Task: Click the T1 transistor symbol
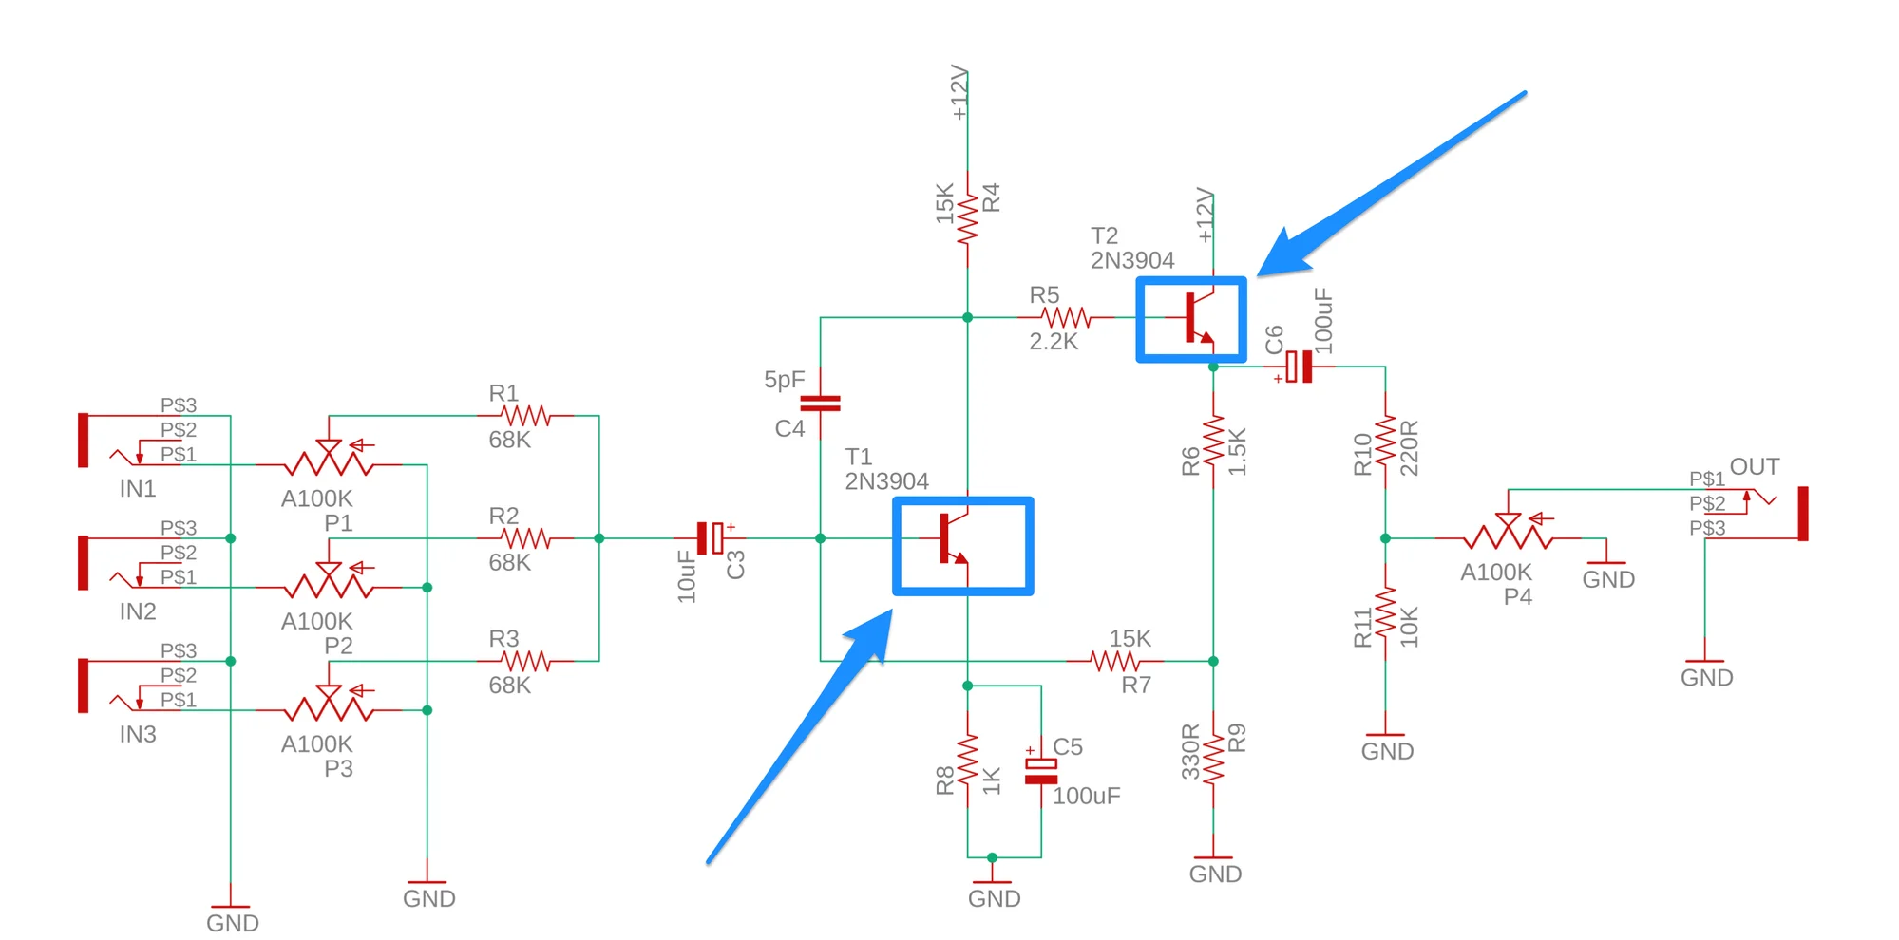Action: (953, 539)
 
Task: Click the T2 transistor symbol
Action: (1197, 318)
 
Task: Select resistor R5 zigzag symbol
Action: (1066, 317)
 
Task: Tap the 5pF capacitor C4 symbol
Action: (821, 404)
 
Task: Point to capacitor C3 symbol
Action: (710, 538)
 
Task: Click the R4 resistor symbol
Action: (967, 218)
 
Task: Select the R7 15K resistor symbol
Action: (1114, 661)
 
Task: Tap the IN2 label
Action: (138, 611)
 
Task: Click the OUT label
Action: (1754, 467)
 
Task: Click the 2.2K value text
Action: (1054, 342)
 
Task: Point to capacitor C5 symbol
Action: (1041, 771)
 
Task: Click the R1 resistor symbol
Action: (525, 415)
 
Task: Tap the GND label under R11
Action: (1387, 751)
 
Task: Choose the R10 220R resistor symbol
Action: (1385, 442)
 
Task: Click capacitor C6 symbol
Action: (1299, 367)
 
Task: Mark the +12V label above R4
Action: (959, 93)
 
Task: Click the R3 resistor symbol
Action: (525, 661)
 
